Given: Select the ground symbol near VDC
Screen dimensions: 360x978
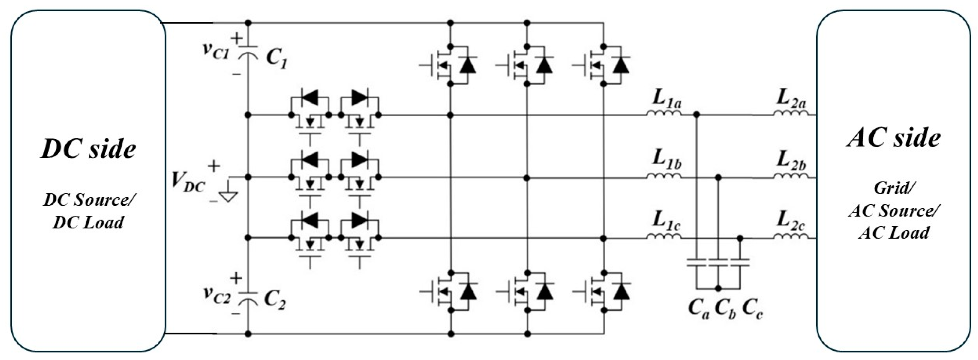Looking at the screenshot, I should pos(228,195).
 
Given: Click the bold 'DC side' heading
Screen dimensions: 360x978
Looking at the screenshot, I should pos(88,149).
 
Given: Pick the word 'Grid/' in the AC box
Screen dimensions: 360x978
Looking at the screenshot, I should pos(893,188).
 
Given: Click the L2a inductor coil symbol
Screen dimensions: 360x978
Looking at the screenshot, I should pos(791,113).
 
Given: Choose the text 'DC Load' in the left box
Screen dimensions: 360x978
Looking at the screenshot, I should pos(88,222).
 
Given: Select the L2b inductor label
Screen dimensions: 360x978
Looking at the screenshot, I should pos(791,161).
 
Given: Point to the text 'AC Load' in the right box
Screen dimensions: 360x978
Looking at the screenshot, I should pos(894,233).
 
